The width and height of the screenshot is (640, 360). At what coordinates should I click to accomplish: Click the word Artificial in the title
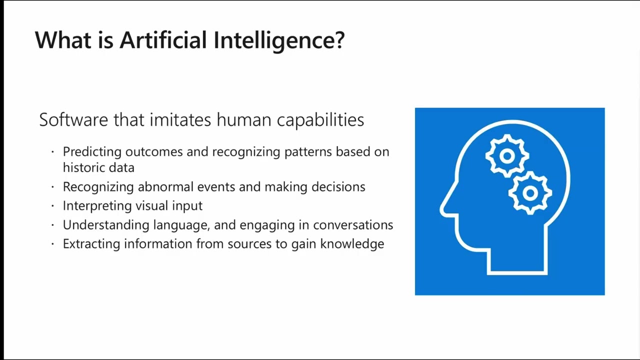163,40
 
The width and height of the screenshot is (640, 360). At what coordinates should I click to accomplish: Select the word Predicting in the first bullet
92,152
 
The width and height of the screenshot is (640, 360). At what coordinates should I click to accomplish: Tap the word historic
81,168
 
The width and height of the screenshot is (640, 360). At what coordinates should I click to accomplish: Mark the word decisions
338,187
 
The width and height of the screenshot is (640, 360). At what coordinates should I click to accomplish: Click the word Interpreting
94,206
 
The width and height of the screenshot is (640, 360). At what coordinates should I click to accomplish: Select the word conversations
353,225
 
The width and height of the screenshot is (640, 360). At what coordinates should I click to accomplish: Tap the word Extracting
91,244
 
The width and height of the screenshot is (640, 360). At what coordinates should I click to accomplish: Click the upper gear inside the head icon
507,156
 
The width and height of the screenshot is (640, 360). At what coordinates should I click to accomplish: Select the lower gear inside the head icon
530,192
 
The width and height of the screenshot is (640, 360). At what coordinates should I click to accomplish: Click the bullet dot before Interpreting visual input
53,206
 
